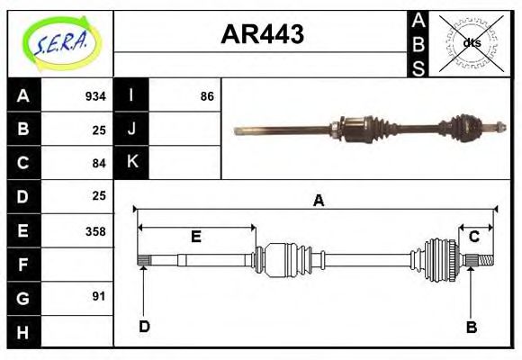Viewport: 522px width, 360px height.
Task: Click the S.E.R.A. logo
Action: click(59, 42)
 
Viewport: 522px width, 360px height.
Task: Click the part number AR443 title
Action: click(262, 34)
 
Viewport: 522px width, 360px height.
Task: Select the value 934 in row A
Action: click(95, 96)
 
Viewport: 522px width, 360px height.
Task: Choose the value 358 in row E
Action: click(95, 230)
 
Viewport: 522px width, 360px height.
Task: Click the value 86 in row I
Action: click(207, 96)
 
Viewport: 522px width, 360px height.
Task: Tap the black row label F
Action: click(23, 265)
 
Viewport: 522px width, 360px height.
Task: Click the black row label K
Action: click(132, 162)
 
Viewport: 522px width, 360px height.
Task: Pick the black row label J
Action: click(132, 129)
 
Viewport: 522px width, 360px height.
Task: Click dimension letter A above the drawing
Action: click(318, 202)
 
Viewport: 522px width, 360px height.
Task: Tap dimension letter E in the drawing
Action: click(195, 237)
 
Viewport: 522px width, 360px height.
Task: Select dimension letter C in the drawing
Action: click(472, 237)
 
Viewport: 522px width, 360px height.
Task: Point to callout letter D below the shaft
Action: click(143, 327)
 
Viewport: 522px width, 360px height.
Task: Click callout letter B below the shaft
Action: click(471, 327)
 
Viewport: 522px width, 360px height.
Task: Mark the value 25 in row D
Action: click(99, 195)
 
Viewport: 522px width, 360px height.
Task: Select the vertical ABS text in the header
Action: click(418, 42)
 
